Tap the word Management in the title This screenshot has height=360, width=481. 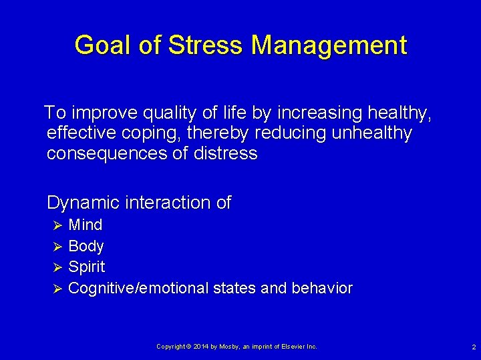[x=329, y=45]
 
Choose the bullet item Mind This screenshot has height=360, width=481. [x=86, y=225]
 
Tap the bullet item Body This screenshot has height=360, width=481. [x=86, y=246]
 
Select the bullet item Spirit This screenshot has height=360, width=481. [x=87, y=267]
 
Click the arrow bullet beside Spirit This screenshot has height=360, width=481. [x=57, y=267]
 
